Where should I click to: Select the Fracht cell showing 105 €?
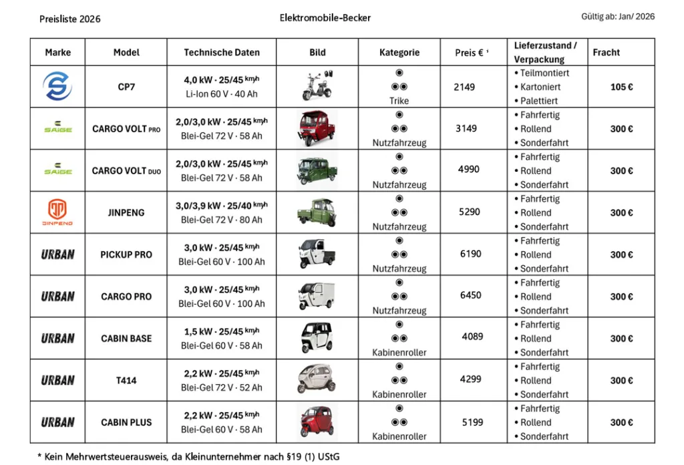[621, 87]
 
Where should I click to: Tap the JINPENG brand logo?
[57, 212]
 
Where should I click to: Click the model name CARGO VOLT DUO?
[126, 170]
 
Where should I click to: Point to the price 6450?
[470, 295]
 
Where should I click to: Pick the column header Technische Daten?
[222, 52]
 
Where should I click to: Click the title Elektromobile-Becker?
[325, 17]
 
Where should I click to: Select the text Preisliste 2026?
[70, 19]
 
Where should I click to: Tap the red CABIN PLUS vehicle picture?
[317, 422]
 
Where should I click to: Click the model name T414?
[126, 380]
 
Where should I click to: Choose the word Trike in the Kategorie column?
[399, 101]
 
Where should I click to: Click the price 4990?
[468, 169]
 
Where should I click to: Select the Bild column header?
[317, 52]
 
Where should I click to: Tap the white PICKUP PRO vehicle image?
[317, 254]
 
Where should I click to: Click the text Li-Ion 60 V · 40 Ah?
[221, 94]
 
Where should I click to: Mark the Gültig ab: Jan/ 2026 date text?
[618, 17]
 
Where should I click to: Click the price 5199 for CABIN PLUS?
[472, 422]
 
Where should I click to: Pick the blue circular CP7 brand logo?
[57, 87]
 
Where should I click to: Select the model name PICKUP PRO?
[126, 255]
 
